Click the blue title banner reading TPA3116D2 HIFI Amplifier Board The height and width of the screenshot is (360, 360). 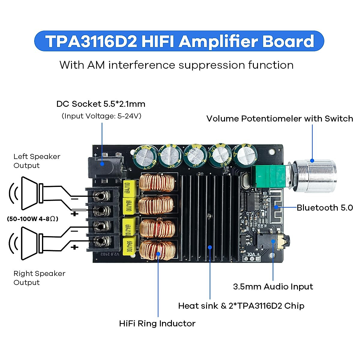pos(179,41)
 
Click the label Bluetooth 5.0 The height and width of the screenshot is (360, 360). pos(325,208)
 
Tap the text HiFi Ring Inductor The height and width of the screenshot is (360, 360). pos(157,323)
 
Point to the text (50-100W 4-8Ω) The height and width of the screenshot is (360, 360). pos(32,219)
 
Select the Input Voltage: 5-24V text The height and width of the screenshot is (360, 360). pos(101,116)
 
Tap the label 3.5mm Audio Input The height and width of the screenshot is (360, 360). pos(273,286)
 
